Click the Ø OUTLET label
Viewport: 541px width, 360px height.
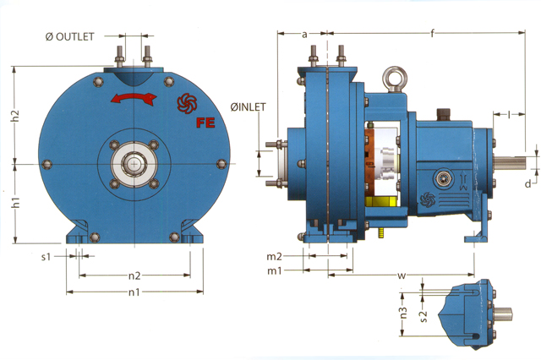pyautogui.click(x=69, y=37)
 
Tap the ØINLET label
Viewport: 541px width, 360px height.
pyautogui.click(x=249, y=107)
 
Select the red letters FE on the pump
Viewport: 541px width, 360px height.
pyautogui.click(x=205, y=123)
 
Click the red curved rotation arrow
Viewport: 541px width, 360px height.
pyautogui.click(x=134, y=98)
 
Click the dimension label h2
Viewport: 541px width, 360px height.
pyautogui.click(x=15, y=116)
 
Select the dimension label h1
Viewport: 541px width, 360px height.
pyautogui.click(x=15, y=203)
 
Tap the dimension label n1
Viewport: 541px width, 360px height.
pyautogui.click(x=134, y=292)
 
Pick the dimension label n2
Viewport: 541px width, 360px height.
pyautogui.click(x=134, y=275)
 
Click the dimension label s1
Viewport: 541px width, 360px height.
pyautogui.click(x=46, y=257)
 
